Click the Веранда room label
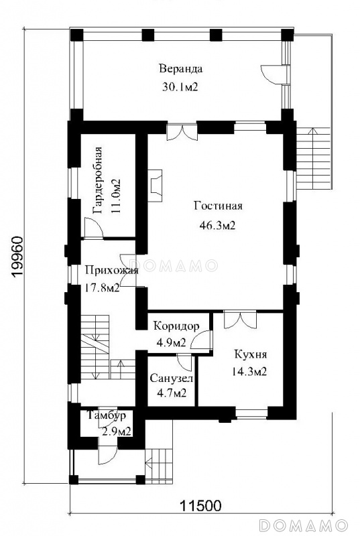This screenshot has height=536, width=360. [180, 69]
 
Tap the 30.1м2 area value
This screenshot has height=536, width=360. [180, 87]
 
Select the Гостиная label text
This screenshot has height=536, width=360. [218, 206]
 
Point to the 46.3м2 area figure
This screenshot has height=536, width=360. [217, 225]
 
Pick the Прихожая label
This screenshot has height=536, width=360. [111, 271]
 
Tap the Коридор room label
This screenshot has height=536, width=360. [176, 326]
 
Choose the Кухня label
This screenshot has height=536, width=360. [251, 354]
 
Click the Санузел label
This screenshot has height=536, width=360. [171, 379]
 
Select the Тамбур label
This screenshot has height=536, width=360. [107, 415]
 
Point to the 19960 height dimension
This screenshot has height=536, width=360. [17, 257]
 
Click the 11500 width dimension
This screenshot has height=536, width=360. [200, 505]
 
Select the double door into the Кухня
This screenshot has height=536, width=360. [240, 320]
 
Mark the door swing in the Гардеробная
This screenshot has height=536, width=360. [93, 227]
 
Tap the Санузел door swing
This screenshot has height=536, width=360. [184, 363]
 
